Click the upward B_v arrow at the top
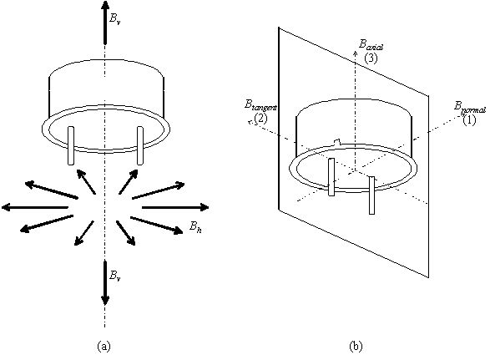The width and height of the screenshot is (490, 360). point(105,22)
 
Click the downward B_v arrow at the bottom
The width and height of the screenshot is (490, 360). point(105,283)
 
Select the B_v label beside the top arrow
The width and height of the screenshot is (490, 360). point(114,18)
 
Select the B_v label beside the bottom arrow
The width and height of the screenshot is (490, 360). point(114,276)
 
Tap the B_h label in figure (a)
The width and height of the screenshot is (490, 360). point(195,226)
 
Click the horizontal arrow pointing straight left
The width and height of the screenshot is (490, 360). point(35,207)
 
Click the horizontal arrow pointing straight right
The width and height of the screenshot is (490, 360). point(175,207)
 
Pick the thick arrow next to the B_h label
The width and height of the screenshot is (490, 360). point(157,226)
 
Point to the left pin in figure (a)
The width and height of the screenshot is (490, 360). point(71,145)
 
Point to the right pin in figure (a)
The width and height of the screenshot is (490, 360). point(140,145)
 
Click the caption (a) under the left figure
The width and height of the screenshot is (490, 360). point(104,347)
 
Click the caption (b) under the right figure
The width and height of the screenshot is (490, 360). point(356,347)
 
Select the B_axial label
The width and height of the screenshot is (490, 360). point(371,45)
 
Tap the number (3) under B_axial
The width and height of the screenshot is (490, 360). point(371,58)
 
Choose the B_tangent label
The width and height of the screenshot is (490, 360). point(260,105)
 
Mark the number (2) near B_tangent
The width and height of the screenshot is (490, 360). point(261,119)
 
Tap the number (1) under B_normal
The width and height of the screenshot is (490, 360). point(469,120)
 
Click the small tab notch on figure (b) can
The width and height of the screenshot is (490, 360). point(337,143)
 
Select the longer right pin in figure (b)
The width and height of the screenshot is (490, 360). point(371,195)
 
